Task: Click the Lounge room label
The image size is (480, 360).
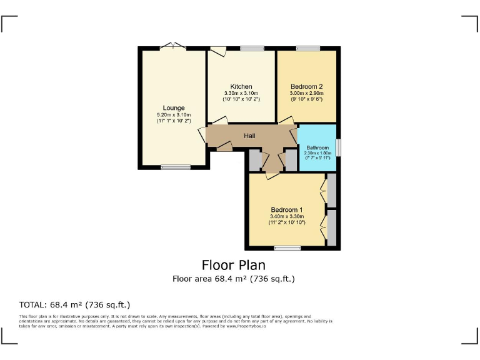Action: point(174,108)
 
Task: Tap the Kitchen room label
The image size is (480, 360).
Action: point(241,86)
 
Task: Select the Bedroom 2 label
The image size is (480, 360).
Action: point(306,86)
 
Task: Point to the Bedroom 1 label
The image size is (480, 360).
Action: point(287,209)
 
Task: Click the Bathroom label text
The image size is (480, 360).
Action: point(317,147)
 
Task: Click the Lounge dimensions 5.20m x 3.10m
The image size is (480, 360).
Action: point(174,115)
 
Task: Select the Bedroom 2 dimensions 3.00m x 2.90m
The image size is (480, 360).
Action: point(306,93)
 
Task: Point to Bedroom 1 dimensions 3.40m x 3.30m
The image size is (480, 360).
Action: point(287,216)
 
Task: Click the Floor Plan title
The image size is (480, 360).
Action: point(233,265)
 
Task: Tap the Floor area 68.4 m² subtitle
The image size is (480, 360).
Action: point(233,279)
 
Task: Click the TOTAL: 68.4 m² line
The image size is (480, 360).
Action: point(74,305)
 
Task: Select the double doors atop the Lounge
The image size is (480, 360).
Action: point(172,46)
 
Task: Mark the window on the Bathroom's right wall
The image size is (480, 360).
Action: point(338,147)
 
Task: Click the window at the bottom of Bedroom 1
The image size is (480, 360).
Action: point(287,248)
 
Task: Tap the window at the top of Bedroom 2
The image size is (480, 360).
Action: point(307,48)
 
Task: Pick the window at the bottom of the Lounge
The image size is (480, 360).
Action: point(175,167)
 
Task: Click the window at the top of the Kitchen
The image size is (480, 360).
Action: point(252,48)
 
